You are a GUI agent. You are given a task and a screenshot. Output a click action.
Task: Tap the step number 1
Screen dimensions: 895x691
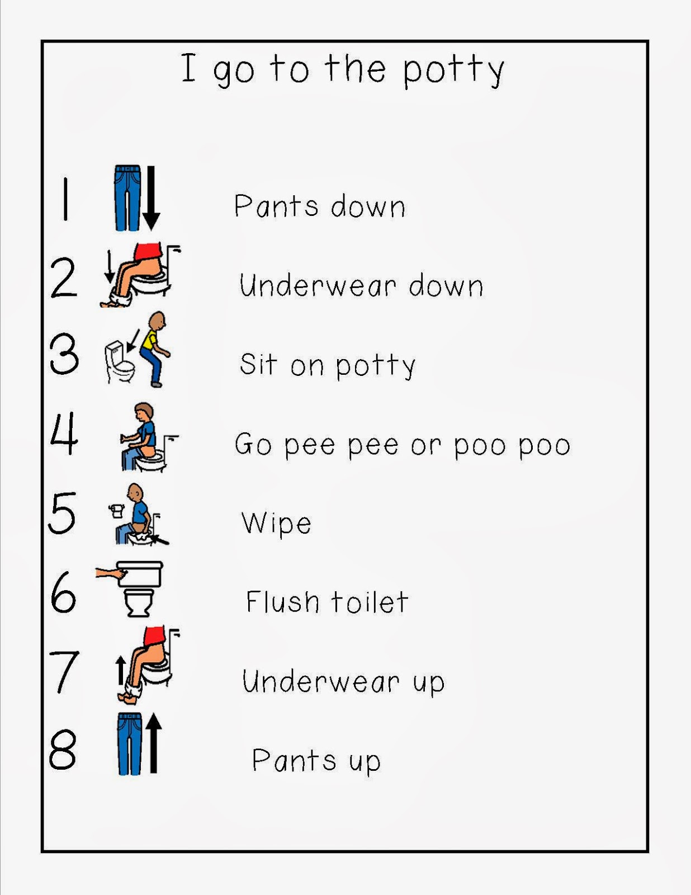(66, 199)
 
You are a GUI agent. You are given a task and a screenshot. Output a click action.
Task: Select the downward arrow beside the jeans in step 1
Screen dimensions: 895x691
(151, 199)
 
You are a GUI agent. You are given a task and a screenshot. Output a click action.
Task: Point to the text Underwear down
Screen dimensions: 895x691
(361, 286)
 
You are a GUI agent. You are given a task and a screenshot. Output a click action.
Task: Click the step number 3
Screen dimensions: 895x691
(64, 354)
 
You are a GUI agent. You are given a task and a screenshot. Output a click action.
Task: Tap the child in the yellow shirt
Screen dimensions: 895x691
(154, 348)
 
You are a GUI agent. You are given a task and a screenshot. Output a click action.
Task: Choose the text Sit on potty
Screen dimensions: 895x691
(328, 365)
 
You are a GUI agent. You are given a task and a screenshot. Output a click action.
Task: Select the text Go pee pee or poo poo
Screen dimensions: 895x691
(403, 445)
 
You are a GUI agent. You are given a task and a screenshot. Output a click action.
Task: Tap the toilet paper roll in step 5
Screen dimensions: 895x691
(116, 510)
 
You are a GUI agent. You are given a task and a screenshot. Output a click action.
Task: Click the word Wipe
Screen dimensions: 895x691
(276, 524)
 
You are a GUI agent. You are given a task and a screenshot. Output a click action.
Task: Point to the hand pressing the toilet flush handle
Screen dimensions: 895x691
(110, 573)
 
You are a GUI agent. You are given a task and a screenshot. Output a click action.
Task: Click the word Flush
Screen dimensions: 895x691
(282, 602)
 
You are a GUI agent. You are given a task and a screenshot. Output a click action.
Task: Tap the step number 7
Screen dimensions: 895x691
(64, 671)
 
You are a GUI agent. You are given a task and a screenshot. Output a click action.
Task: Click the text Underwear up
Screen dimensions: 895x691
(343, 682)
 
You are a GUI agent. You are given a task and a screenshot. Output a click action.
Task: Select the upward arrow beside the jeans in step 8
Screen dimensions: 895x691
(154, 744)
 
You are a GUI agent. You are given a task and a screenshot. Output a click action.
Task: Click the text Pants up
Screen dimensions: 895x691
(316, 761)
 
